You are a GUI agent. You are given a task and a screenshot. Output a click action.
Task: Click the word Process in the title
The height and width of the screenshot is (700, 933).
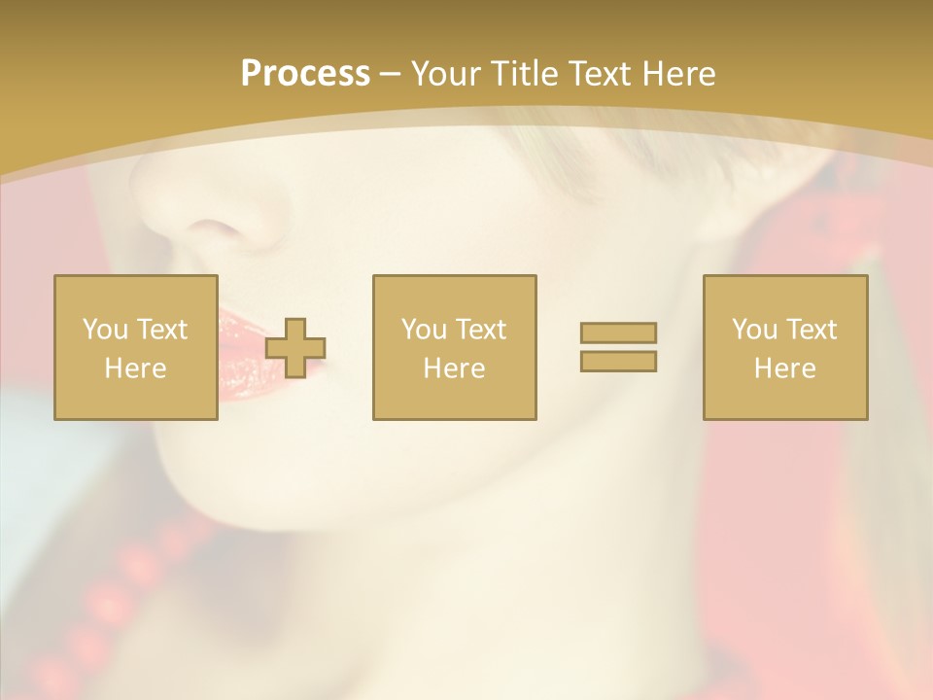coord(305,74)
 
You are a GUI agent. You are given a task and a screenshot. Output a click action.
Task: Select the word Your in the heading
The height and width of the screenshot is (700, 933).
coord(444,74)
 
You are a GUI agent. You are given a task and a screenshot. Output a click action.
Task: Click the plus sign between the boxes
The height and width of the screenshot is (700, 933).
coord(295,348)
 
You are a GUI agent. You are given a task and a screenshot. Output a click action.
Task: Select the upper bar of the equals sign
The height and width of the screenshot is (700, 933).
coord(618,332)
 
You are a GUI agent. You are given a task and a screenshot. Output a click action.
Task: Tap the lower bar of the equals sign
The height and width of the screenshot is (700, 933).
coord(618,361)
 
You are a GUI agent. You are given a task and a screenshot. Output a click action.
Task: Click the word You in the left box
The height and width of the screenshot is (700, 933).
coord(105,330)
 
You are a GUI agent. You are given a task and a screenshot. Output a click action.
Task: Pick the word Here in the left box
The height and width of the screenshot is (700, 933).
coord(135,368)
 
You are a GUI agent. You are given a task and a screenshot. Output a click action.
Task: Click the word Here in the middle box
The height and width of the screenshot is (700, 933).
coord(454,368)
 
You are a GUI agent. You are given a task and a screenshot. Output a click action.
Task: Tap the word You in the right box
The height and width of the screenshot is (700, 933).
coord(754,330)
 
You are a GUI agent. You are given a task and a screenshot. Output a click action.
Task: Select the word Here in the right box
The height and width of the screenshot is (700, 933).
coord(784,368)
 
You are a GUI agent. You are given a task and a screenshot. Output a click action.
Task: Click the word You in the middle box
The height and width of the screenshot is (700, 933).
coord(424,330)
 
